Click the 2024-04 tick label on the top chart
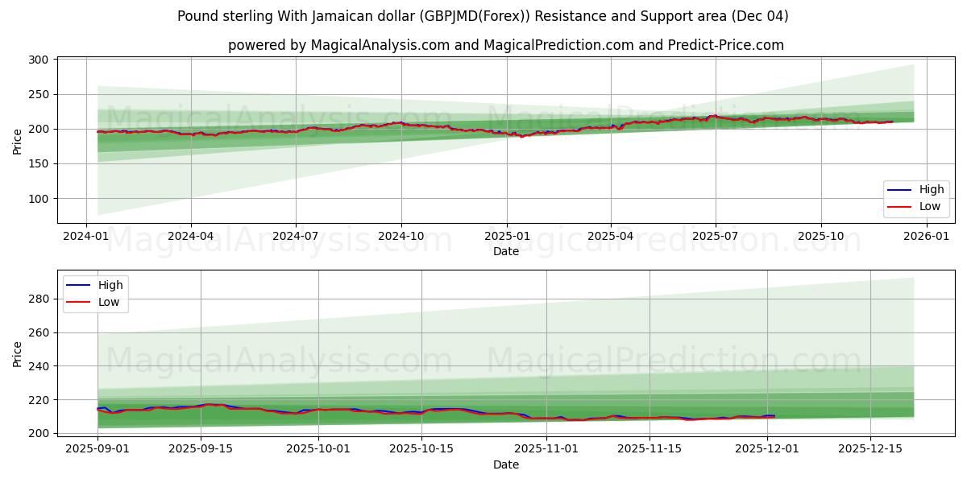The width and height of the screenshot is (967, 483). coord(191,237)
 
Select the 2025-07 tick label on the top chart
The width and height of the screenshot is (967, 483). coord(716,237)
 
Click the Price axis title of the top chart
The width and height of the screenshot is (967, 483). coord(18,141)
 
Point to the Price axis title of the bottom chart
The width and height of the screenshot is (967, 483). coord(18,353)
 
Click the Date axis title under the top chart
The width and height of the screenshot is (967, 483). coord(506,252)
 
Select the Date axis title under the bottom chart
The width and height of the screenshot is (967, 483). coord(506,464)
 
